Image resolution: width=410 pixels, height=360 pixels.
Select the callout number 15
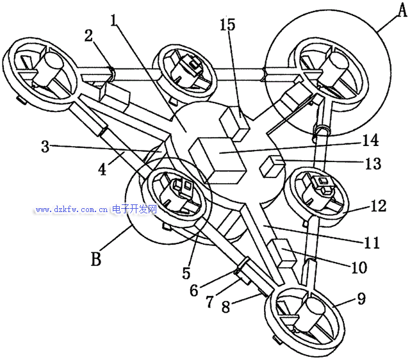pos(227,25)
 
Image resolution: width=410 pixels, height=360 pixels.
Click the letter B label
pos(96,259)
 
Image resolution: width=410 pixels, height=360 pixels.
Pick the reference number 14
pos(370,140)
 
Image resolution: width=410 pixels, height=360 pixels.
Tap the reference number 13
pos(372,163)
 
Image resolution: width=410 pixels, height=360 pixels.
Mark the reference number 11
pos(371,243)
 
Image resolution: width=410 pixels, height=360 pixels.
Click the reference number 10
pos(359,267)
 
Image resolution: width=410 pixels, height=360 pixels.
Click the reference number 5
pos(186,273)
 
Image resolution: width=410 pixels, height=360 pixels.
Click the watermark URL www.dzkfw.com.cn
pos(70,209)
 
